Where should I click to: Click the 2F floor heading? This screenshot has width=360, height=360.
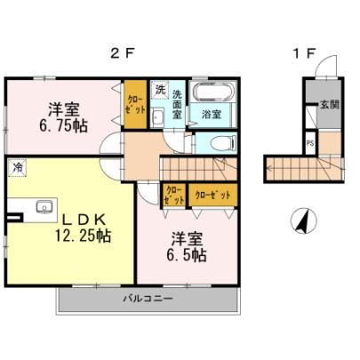click(x=122, y=53)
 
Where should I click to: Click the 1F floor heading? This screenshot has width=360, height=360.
click(x=304, y=53)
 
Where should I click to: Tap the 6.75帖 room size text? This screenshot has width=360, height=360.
click(x=63, y=126)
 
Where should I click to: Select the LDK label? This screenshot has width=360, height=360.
click(x=84, y=220)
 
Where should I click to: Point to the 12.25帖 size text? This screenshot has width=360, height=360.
click(x=83, y=236)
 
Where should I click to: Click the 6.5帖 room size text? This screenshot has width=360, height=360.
click(x=187, y=255)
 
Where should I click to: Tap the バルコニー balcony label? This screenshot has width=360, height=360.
click(x=148, y=298)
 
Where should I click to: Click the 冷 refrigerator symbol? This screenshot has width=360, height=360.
click(x=17, y=168)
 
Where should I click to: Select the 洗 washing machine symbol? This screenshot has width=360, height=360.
click(x=160, y=89)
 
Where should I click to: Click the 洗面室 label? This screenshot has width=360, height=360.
click(x=177, y=104)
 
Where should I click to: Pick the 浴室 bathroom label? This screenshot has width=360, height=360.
click(x=212, y=115)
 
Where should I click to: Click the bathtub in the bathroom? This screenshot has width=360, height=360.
click(x=212, y=91)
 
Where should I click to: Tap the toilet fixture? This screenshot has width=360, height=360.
click(x=223, y=143)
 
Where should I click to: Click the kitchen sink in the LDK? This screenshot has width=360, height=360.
click(x=44, y=207)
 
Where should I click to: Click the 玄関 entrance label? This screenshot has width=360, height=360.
click(x=330, y=105)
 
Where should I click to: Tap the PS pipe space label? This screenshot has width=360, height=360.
click(x=310, y=143)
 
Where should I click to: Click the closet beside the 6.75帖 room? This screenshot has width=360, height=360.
click(x=135, y=104)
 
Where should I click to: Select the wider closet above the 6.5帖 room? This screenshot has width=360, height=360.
click(x=213, y=195)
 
